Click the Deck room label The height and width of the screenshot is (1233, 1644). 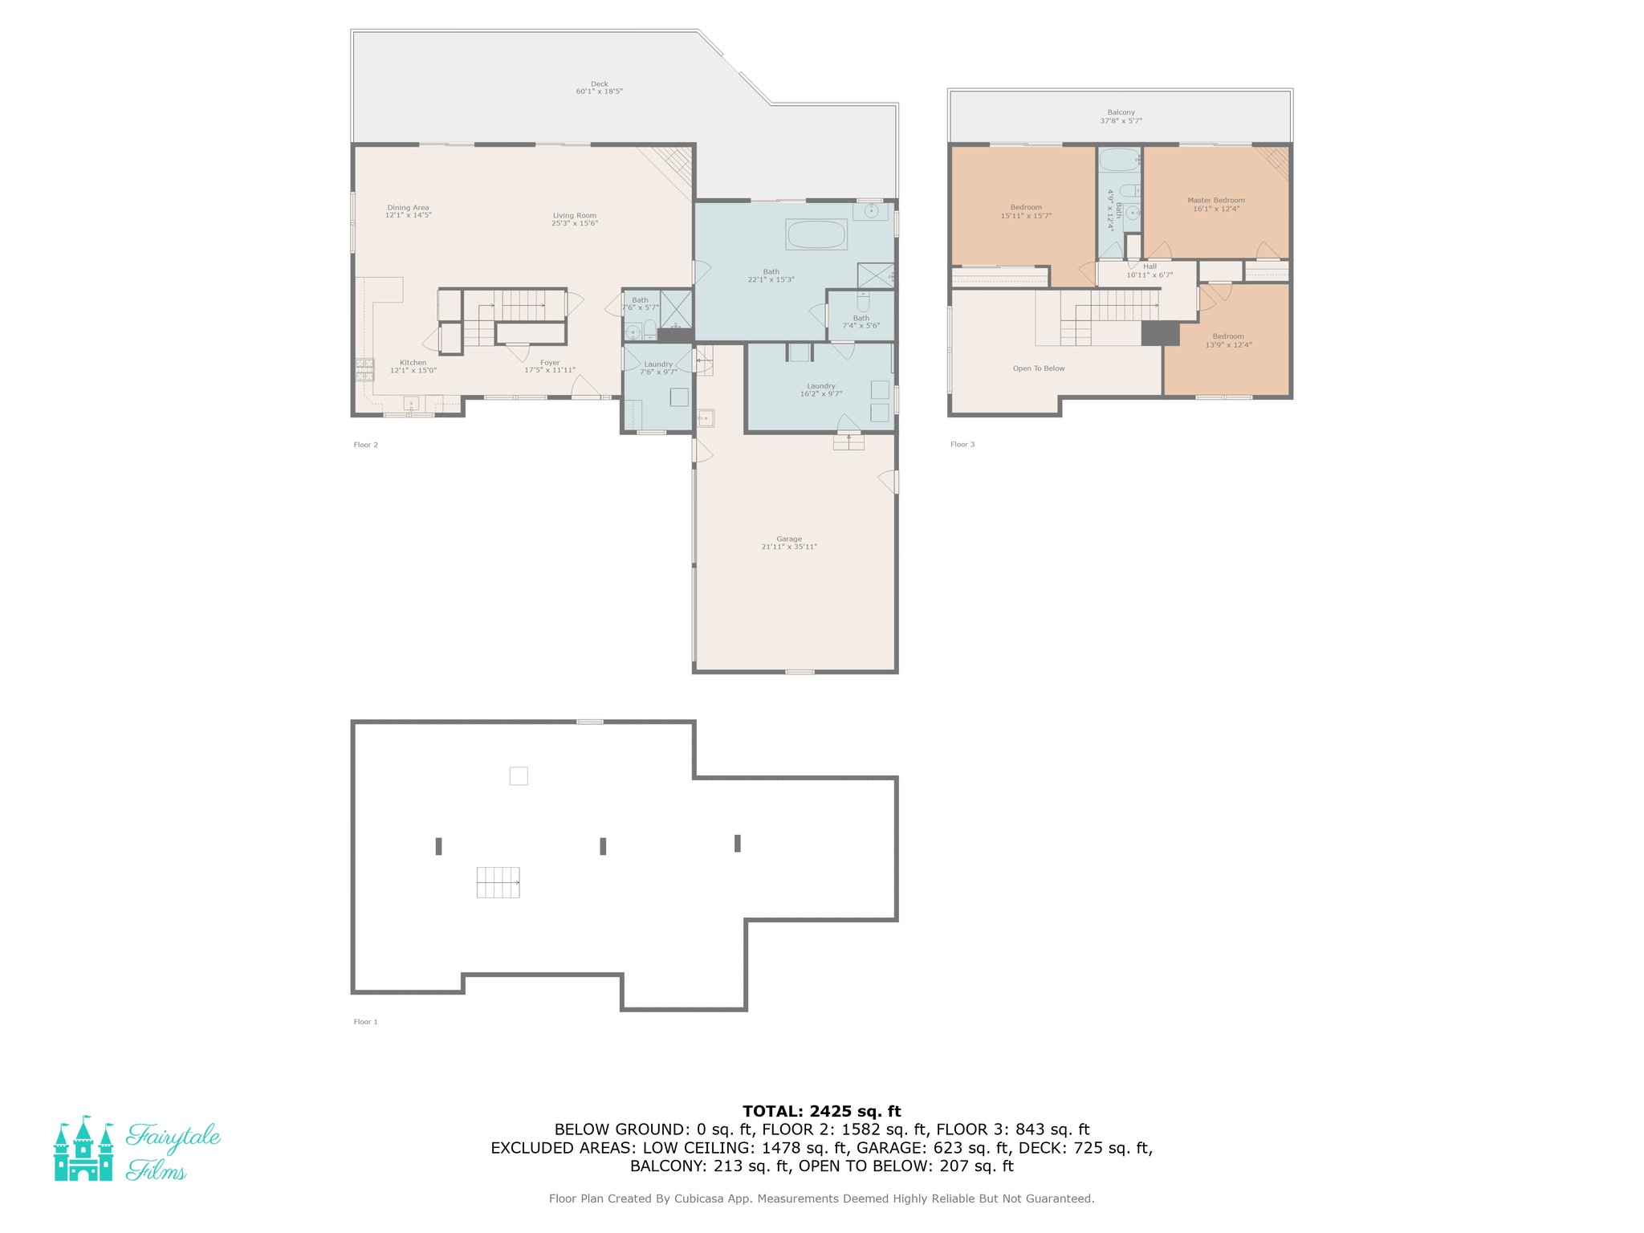click(599, 87)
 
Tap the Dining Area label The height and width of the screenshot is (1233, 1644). click(408, 211)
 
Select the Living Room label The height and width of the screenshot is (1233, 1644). click(574, 219)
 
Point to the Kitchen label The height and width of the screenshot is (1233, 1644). click(413, 366)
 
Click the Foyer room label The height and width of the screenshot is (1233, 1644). click(550, 366)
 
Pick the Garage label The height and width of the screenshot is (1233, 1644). click(789, 543)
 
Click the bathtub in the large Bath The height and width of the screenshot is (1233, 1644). click(816, 234)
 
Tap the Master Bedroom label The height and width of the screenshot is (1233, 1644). click(1216, 204)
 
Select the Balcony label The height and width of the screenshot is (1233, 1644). click(1121, 116)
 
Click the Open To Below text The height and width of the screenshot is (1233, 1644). click(1039, 368)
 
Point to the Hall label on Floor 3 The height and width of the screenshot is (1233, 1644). click(1150, 271)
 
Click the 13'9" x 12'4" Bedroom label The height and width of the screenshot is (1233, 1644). click(1228, 340)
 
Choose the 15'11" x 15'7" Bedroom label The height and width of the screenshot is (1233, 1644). click(1026, 211)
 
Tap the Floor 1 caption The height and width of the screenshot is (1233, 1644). click(365, 1022)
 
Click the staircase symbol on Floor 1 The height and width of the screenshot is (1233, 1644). click(498, 882)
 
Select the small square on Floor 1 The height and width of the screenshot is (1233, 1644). click(519, 775)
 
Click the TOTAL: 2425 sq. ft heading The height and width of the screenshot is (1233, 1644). click(821, 1111)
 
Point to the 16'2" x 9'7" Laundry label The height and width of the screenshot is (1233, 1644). click(820, 389)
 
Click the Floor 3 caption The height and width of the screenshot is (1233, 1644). click(962, 444)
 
